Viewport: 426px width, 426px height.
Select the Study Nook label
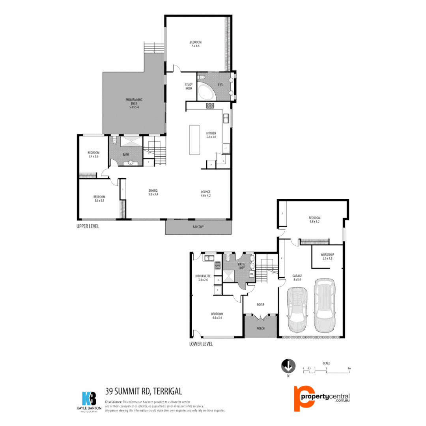pyautogui.click(x=189, y=86)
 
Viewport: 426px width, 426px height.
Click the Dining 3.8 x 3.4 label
pyautogui.click(x=153, y=192)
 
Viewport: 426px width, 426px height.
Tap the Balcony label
pyautogui.click(x=198, y=227)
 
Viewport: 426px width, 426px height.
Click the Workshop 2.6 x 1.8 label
pyautogui.click(x=327, y=256)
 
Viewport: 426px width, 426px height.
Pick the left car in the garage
pyautogui.click(x=297, y=309)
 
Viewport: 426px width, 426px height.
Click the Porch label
pyautogui.click(x=260, y=328)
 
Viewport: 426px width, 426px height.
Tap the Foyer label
pyautogui.click(x=260, y=305)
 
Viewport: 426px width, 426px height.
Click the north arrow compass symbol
pyautogui.click(x=288, y=366)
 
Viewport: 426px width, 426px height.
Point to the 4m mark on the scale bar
pyautogui.click(x=349, y=368)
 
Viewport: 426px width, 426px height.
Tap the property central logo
pyautogui.click(x=322, y=398)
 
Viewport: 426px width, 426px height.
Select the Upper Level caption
pyautogui.click(x=88, y=226)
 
